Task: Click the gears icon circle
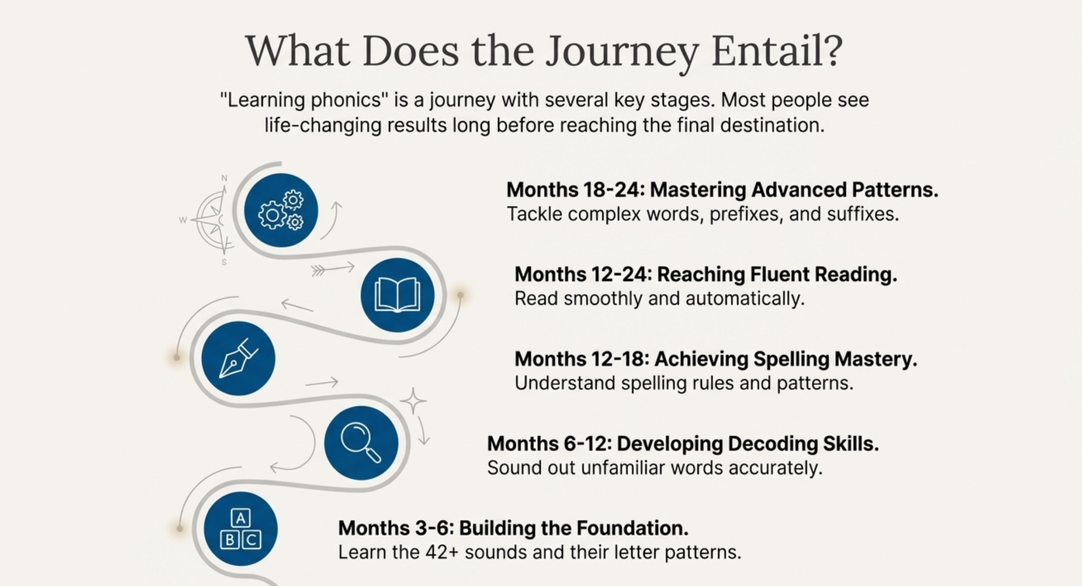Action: click(281, 210)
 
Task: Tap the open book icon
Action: click(397, 295)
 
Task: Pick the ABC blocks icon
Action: click(241, 529)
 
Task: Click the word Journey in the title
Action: click(621, 53)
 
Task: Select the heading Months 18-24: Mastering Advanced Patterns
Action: click(722, 190)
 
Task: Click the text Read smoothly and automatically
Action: click(659, 299)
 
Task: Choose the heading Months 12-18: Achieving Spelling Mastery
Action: click(716, 359)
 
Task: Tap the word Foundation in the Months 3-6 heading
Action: click(632, 528)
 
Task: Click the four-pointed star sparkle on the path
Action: click(413, 401)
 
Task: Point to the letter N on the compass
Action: click(224, 178)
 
